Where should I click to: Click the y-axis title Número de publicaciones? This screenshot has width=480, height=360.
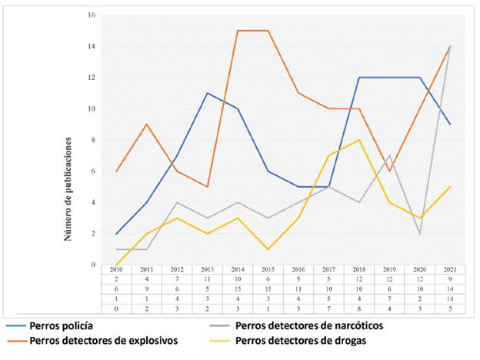tap(68, 189)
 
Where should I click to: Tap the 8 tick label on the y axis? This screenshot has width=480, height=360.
tap(92, 140)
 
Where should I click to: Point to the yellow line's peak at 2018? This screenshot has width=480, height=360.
tap(358, 140)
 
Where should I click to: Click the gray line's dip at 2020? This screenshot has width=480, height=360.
tap(419, 234)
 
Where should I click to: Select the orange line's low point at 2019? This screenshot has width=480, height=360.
tap(388, 172)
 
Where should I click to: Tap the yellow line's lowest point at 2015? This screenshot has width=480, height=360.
tap(266, 249)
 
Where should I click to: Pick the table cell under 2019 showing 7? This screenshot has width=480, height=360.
tap(388, 300)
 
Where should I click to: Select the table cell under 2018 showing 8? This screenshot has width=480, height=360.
tap(358, 309)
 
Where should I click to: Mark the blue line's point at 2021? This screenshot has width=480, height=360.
tap(449, 125)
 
